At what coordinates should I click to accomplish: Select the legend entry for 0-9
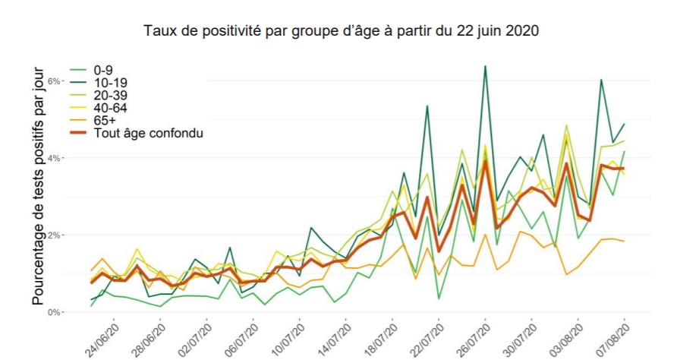(103, 69)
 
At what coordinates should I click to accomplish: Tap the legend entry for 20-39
(110, 95)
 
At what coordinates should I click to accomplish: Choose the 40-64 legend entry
(110, 108)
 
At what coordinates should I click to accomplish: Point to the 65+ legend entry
(105, 121)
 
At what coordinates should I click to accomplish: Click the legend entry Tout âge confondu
(150, 134)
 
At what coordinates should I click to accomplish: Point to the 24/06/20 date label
(102, 336)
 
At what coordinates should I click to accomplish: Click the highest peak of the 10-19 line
(485, 67)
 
